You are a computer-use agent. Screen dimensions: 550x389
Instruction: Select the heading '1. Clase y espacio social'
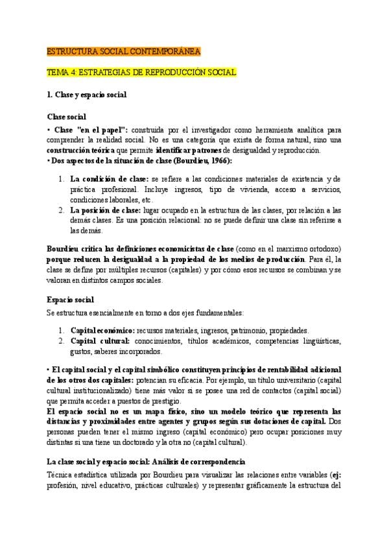86,94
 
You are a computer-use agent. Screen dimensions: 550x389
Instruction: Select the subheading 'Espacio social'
71,299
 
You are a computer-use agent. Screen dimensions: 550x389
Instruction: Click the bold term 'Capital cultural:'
100,341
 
